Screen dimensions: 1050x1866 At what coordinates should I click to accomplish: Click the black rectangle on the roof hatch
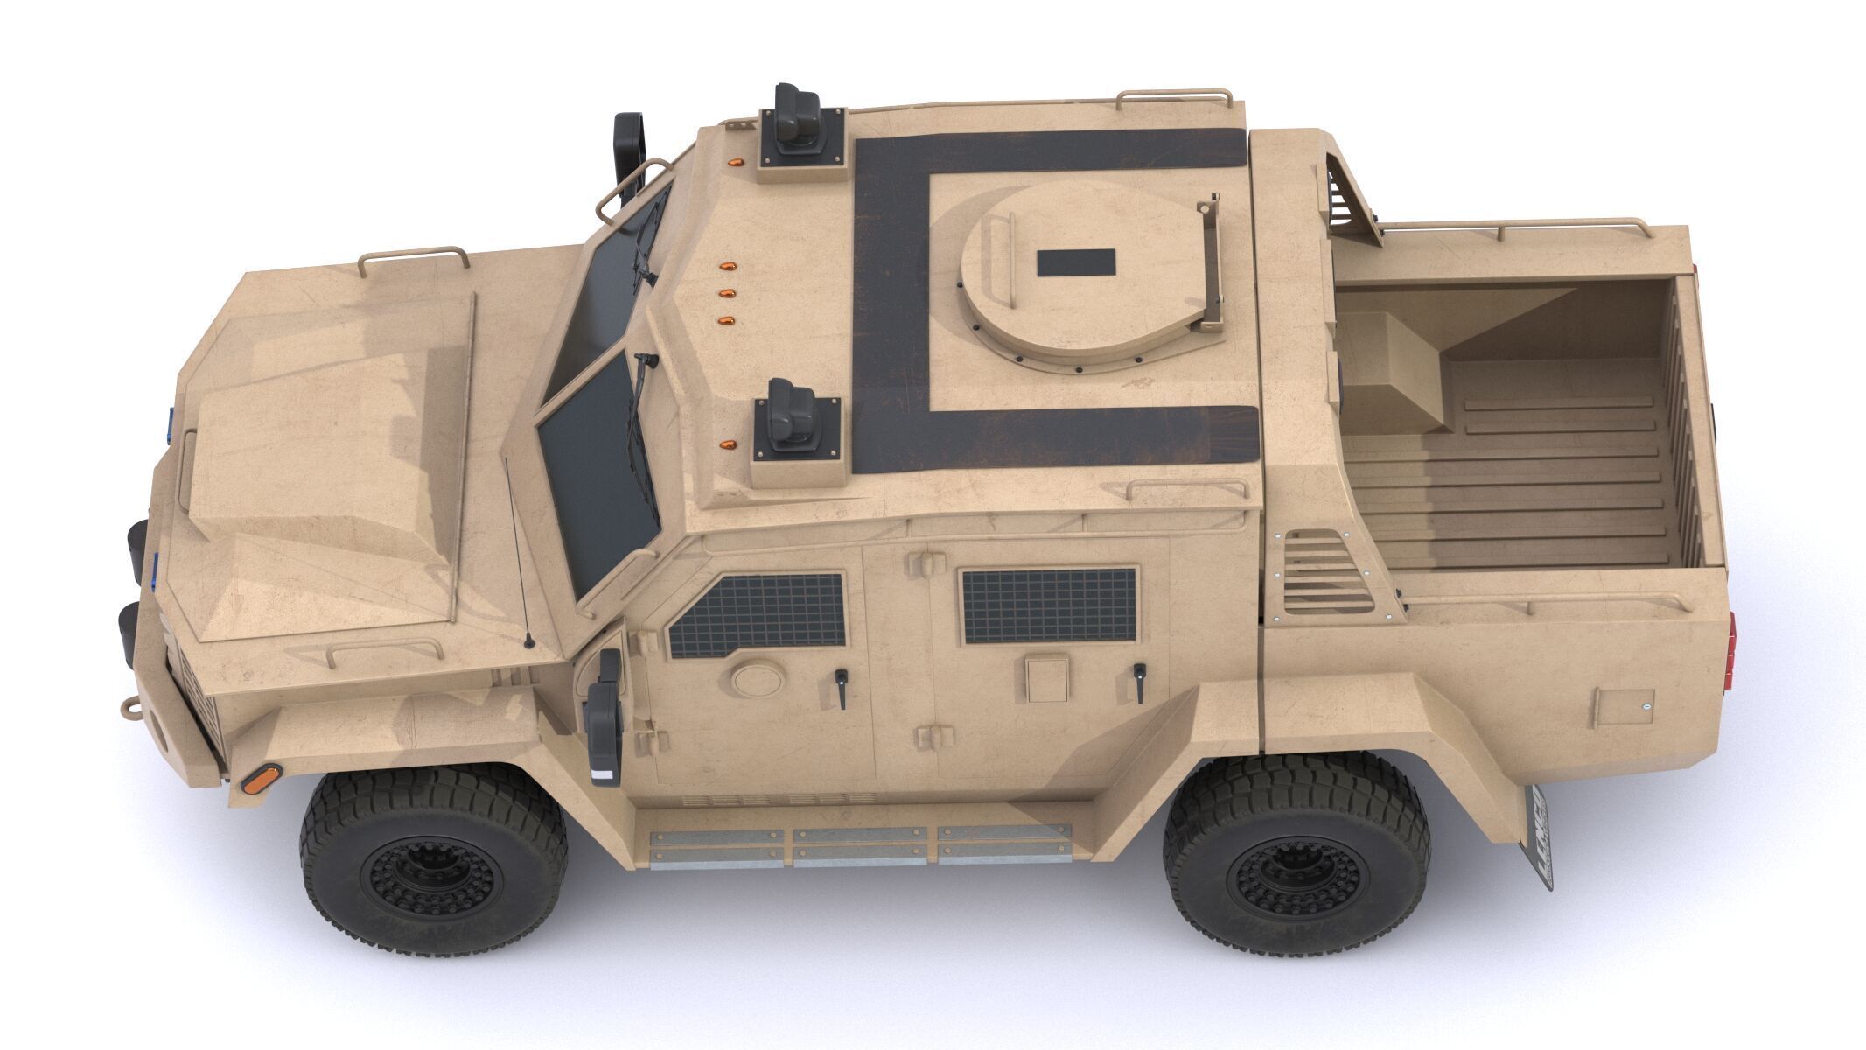click(x=1075, y=262)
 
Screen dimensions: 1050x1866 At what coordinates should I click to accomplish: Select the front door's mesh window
click(x=758, y=614)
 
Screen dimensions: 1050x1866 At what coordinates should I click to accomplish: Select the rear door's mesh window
click(x=1049, y=605)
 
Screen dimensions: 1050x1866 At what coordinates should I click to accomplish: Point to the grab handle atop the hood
click(x=411, y=258)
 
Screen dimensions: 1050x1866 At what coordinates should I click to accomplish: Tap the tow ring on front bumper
click(x=129, y=708)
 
